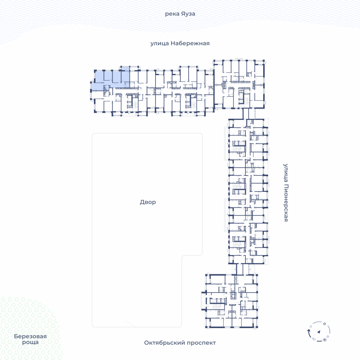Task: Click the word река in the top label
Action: [x=171, y=13]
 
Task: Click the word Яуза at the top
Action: [x=188, y=13]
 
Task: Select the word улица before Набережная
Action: [x=159, y=43]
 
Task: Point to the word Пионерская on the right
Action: [x=285, y=200]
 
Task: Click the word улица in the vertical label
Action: [x=285, y=170]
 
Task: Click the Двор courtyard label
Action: [x=148, y=202]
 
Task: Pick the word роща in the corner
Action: [x=30, y=342]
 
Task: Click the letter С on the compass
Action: [x=324, y=324]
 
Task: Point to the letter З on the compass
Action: [x=311, y=327]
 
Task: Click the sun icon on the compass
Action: [x=325, y=340]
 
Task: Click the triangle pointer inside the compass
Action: [x=319, y=332]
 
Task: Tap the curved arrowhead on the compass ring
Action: [x=308, y=331]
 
